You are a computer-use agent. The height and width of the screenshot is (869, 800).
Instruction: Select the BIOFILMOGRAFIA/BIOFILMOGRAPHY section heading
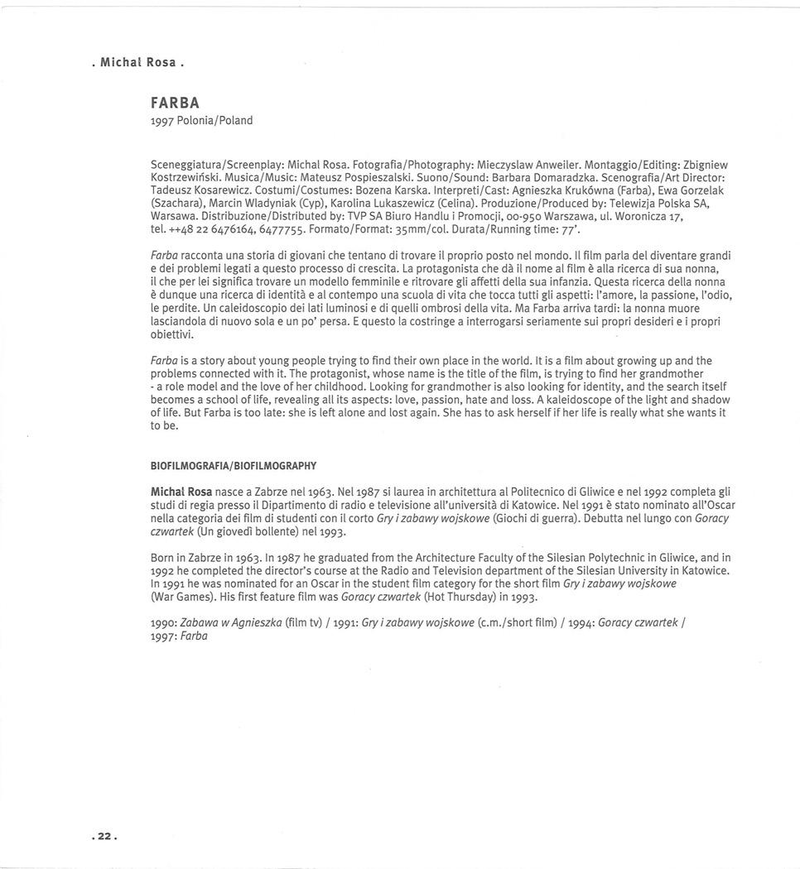[x=233, y=466]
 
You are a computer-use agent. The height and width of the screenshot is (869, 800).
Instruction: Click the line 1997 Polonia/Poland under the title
[x=201, y=121]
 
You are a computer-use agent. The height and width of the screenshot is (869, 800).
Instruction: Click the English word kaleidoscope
[x=570, y=400]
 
